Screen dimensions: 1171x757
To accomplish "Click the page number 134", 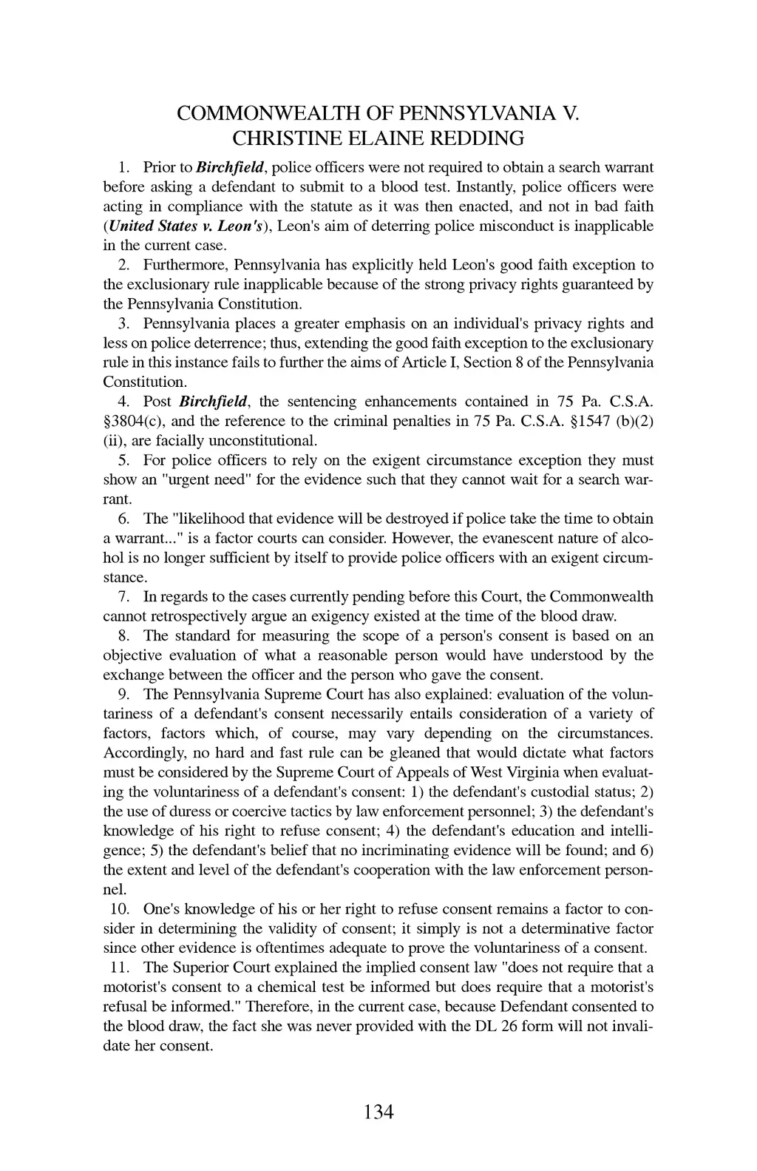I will tap(378, 1111).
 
